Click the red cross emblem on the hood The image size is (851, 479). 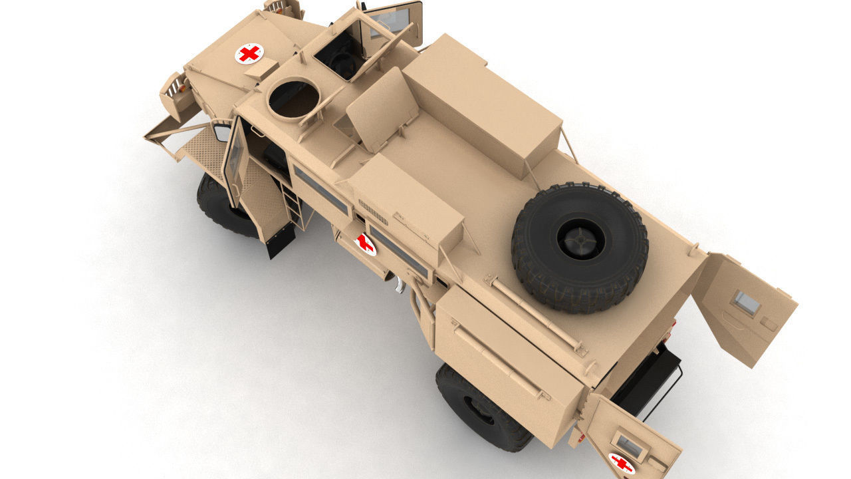click(249, 53)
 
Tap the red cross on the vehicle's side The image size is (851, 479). click(365, 244)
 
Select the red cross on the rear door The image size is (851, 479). click(622, 463)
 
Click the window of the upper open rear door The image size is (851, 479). click(746, 303)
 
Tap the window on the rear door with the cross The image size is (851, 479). click(629, 446)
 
